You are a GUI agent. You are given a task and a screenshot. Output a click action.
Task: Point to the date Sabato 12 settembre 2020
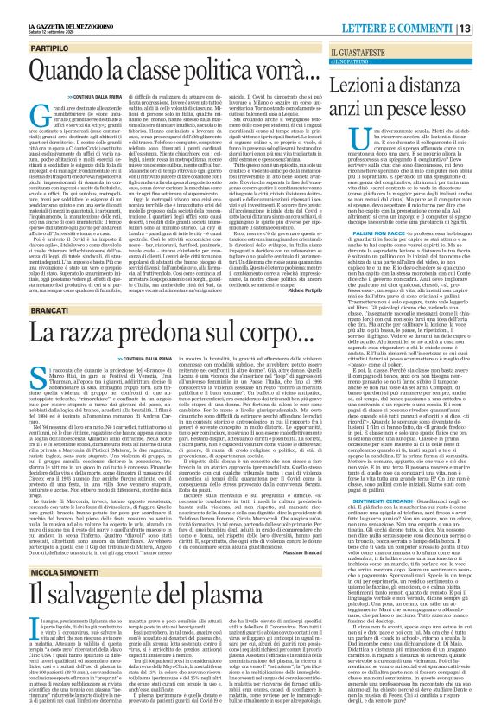tap(35, 13)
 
